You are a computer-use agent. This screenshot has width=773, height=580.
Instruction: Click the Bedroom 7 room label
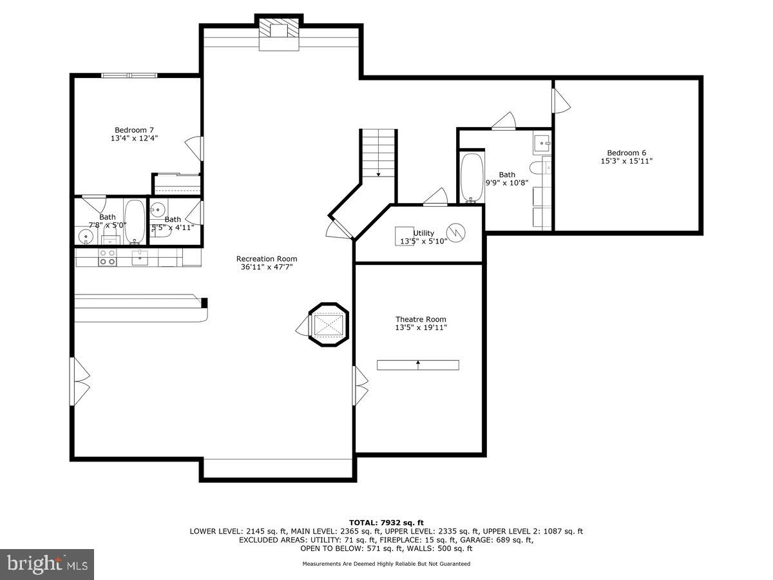134,133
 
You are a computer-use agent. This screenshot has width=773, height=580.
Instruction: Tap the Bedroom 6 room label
627,157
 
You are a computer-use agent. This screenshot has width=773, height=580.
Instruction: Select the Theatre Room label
420,323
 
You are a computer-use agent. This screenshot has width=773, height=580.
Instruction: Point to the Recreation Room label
266,262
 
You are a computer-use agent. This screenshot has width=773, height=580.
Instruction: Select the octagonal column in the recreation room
329,324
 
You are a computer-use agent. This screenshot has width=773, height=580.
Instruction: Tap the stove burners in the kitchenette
108,258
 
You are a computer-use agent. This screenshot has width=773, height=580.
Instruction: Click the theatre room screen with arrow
417,365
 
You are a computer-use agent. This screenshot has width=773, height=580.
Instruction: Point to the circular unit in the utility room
455,233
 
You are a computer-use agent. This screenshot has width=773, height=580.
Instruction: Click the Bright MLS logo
47,564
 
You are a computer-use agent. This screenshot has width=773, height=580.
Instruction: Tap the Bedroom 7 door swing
195,148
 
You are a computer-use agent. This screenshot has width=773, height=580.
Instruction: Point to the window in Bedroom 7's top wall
129,75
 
